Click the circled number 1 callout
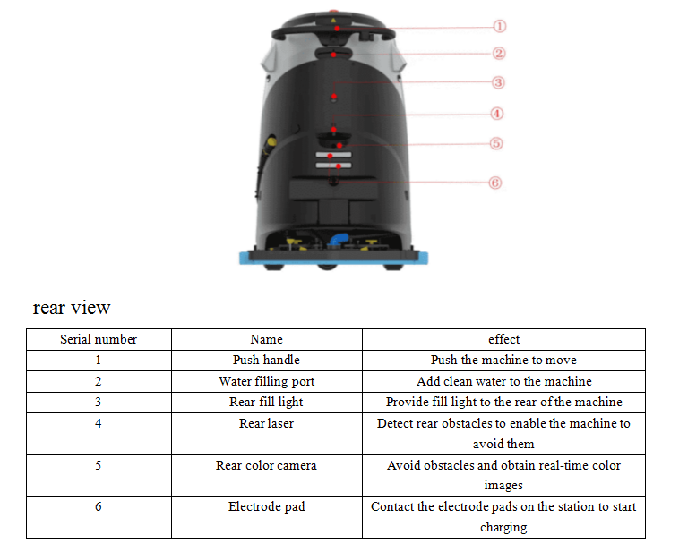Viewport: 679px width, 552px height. point(499,26)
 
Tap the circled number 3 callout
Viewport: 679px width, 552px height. point(498,82)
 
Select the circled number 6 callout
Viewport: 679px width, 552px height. point(495,183)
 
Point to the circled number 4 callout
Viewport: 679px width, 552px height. point(496,114)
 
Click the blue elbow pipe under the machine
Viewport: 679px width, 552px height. point(339,240)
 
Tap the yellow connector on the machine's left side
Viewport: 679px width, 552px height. point(271,141)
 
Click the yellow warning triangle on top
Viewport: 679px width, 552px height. point(333,21)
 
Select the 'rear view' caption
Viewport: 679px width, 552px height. point(72,308)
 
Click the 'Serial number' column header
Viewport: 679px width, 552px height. point(99,339)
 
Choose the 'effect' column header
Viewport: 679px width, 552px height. point(503,339)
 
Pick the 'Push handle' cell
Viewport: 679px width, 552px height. point(266,360)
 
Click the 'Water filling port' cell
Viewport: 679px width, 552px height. point(266,381)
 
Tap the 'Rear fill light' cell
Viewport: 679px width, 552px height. point(266,402)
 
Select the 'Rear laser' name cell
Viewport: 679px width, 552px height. point(266,423)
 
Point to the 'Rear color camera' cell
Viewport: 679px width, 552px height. point(266,465)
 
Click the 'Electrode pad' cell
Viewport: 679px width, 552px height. point(266,506)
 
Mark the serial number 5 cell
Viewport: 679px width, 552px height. point(99,465)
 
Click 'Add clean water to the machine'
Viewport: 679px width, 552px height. point(503,381)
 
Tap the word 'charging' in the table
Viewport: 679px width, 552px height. point(503,527)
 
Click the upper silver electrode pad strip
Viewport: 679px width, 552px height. point(333,155)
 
